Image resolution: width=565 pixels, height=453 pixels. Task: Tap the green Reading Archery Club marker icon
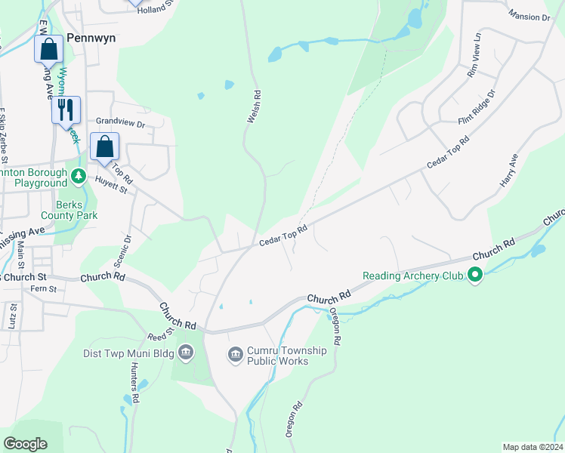[x=475, y=276]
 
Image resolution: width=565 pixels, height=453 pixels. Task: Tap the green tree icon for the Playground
[x=78, y=177]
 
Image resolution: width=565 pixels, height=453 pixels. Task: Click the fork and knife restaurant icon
[x=66, y=110]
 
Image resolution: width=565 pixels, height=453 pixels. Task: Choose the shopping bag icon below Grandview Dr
[x=105, y=146]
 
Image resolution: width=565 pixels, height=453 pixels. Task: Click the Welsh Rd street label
[x=255, y=107]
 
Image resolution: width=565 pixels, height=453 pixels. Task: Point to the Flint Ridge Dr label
[x=477, y=107]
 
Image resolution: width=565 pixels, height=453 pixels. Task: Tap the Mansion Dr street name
[x=529, y=16]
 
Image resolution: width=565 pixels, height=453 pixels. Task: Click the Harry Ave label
[x=508, y=171]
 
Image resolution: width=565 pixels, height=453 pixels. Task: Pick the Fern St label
[x=43, y=288]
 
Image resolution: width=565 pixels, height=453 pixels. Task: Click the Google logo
[x=26, y=444]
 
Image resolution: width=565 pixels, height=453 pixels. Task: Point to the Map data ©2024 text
[x=532, y=447]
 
